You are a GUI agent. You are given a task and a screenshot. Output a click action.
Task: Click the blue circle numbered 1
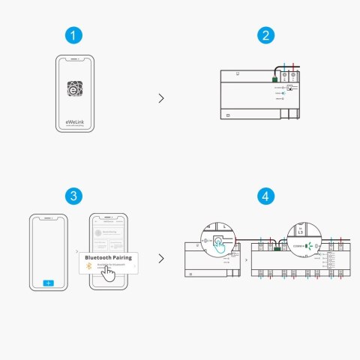[x=72, y=35]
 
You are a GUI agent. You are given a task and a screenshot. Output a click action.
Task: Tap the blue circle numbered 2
[x=265, y=35]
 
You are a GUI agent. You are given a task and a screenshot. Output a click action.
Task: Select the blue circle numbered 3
[x=72, y=196]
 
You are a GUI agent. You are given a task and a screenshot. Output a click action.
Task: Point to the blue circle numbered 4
[x=265, y=196]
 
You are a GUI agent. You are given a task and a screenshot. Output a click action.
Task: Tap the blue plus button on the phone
[x=49, y=283]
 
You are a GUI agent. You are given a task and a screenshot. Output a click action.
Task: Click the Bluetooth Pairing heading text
[x=109, y=257]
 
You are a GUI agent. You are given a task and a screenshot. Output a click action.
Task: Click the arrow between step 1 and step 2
[x=162, y=97]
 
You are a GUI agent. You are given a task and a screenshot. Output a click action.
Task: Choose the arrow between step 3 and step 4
[x=162, y=259]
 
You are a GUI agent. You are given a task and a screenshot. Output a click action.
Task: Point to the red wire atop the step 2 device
[x=295, y=68]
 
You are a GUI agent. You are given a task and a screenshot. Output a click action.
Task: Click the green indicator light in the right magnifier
[x=307, y=245]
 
